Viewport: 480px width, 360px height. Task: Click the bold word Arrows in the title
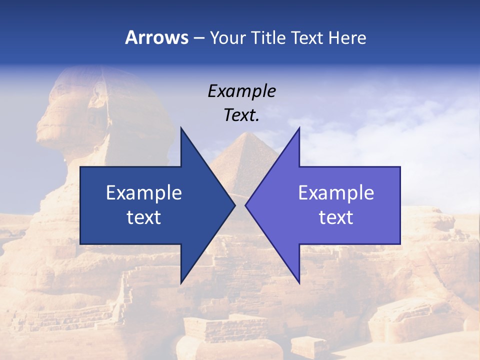157,38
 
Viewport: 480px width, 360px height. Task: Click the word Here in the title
347,38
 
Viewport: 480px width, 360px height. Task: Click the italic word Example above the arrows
241,91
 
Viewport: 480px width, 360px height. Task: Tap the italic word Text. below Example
241,115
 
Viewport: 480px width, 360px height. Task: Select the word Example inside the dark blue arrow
144,192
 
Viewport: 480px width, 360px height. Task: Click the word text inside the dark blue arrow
144,217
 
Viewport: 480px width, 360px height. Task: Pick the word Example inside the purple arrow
336,192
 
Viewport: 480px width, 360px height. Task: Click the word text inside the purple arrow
336,217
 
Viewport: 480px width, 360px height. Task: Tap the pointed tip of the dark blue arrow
234,205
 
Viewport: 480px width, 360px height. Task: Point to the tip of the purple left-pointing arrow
245,205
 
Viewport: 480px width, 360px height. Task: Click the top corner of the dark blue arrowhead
181,128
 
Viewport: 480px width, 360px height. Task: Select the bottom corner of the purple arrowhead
299,282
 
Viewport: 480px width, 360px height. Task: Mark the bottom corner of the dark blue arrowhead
181,282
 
